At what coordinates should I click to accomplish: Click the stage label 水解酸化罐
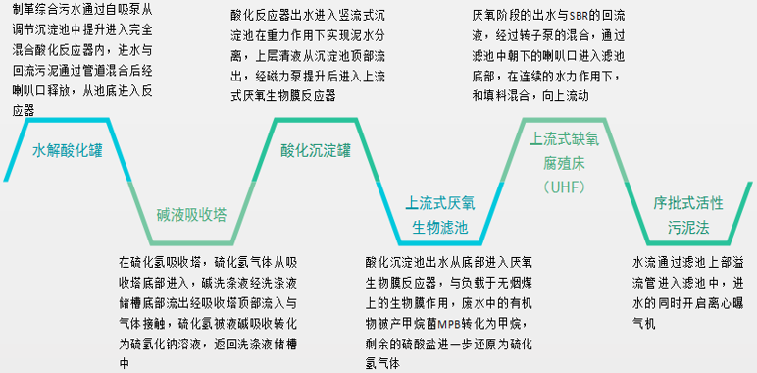67,151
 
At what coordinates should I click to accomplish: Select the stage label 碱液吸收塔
191,214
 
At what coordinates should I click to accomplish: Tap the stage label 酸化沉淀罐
316,151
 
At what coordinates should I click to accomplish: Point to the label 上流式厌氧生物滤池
440,215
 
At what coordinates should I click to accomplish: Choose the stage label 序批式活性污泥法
688,215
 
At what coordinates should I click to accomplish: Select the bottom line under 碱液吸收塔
191,242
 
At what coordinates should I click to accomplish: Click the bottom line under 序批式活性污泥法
688,242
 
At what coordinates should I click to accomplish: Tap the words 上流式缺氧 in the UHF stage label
564,139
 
